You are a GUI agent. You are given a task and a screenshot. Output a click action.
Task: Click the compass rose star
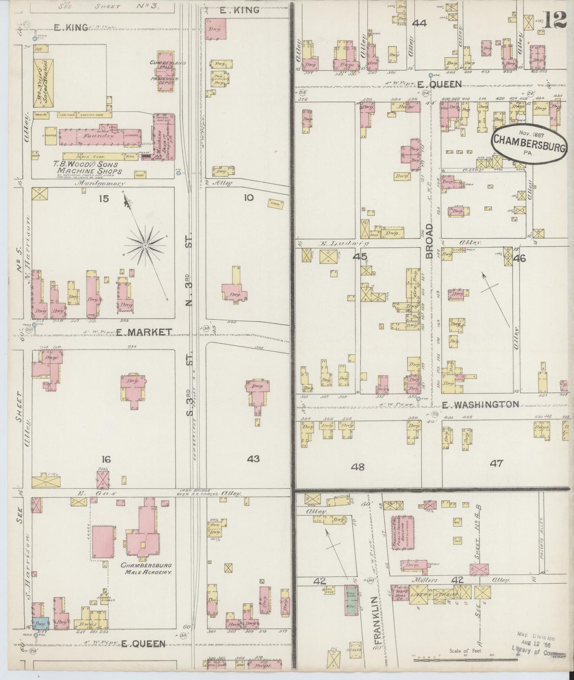coord(146,246)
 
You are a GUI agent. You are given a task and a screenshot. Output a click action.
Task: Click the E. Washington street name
coord(481,405)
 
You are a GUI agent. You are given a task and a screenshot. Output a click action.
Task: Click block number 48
coord(358,467)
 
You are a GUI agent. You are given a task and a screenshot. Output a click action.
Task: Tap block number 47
coord(497,463)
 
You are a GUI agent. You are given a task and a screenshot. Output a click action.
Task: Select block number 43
coord(253,459)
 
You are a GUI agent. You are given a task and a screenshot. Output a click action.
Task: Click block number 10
coord(248,198)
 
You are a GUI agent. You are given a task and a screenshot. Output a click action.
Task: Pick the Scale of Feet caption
coord(466,651)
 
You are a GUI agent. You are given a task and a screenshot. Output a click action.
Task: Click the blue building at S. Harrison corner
coord(41,623)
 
